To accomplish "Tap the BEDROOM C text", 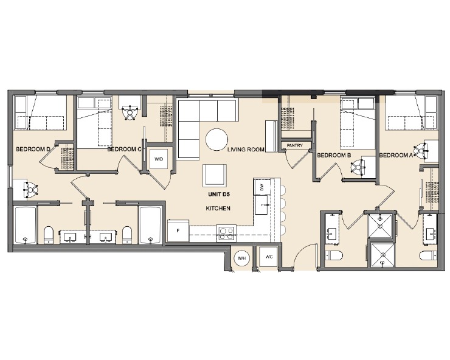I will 124,149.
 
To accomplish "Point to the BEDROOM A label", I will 396,155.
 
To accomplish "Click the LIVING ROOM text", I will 246,149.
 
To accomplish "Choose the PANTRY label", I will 296,146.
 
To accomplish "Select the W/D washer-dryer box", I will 159,159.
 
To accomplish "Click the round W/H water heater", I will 241,258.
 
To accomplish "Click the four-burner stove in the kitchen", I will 226,232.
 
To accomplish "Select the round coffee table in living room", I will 218,140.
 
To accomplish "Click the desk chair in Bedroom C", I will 129,112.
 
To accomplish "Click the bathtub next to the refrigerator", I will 149,224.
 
